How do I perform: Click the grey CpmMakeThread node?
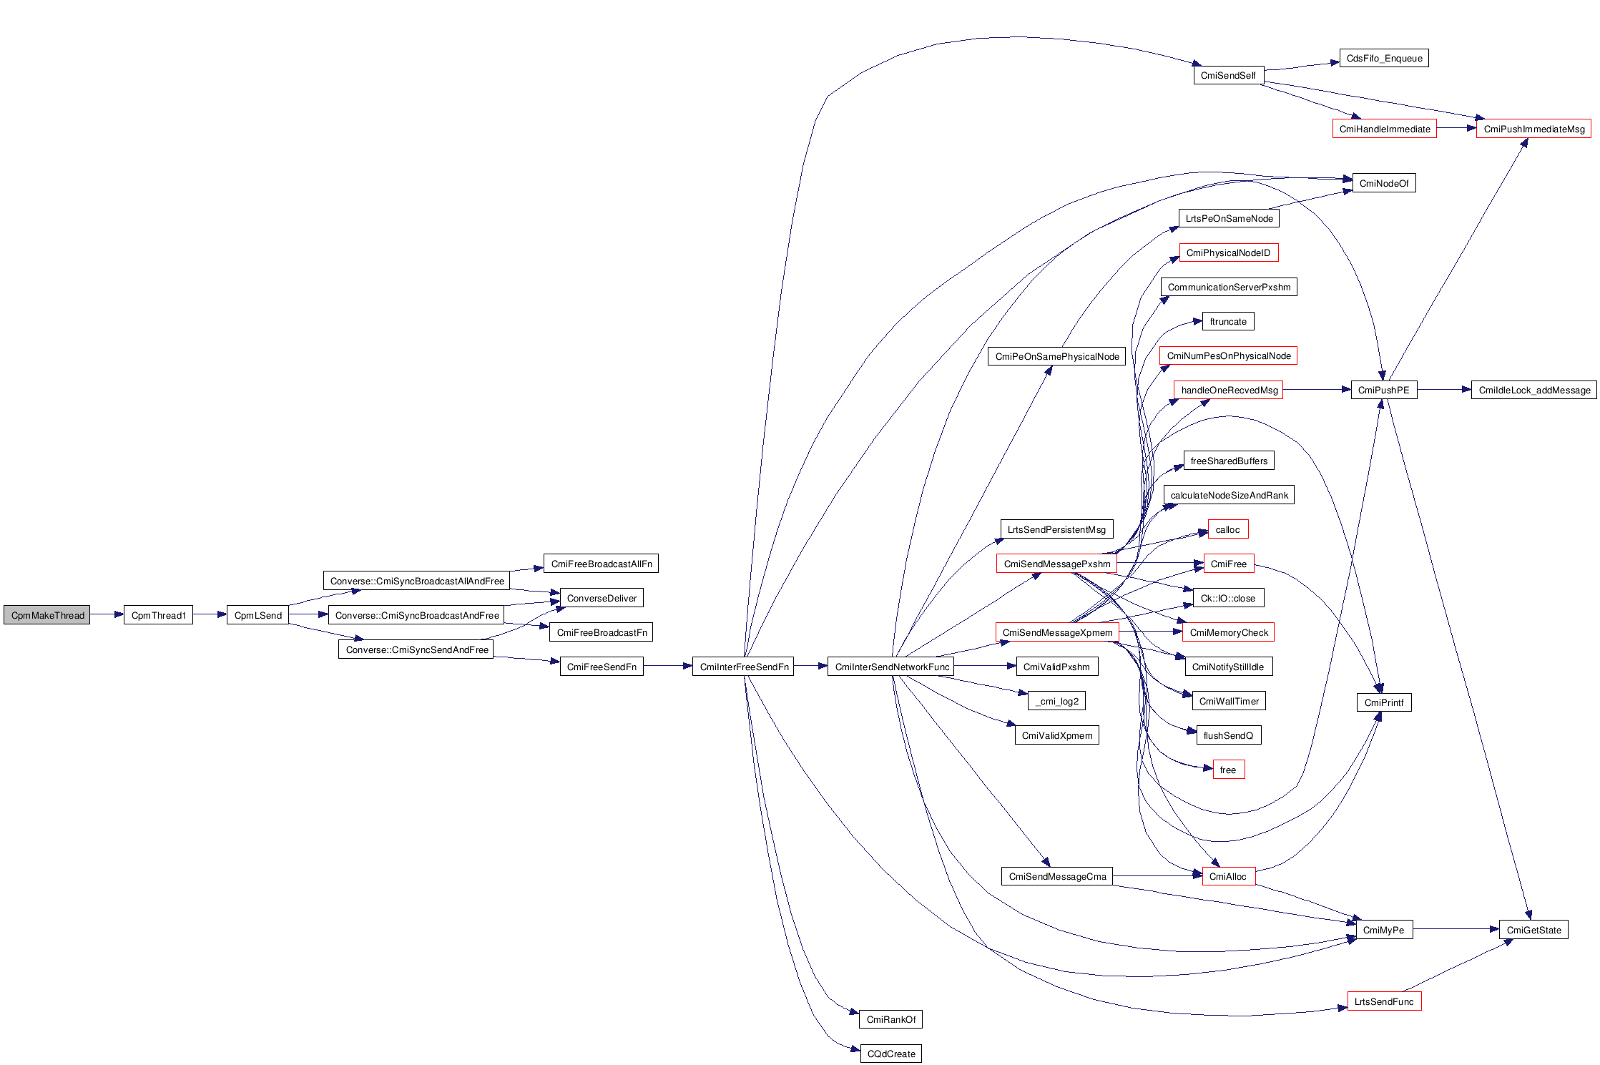46,615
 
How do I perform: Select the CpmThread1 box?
158,615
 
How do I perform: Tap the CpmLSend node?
257,615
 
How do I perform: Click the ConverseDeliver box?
601,598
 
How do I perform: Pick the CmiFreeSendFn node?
601,667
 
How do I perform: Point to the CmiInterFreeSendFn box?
743,667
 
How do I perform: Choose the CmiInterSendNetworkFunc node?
891,667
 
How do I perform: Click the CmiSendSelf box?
1228,75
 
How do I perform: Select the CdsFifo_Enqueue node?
1383,58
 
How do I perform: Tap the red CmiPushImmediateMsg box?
1533,129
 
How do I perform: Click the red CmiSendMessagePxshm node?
1056,564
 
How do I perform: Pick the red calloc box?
1227,529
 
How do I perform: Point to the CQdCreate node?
890,1054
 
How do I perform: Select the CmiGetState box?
1533,930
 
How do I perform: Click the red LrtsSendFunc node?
1383,1001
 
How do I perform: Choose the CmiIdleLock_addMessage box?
1533,390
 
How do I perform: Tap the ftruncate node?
1227,321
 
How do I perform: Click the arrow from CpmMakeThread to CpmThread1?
107,614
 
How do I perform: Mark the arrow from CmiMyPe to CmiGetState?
1456,929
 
